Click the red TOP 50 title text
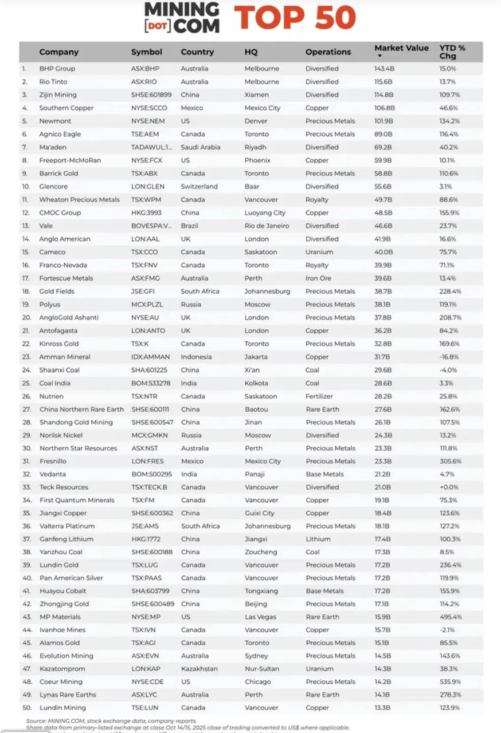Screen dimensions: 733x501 [x=295, y=18]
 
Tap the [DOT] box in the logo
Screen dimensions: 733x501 [x=156, y=26]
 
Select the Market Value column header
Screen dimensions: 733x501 [x=401, y=48]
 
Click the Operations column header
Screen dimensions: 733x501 [x=328, y=52]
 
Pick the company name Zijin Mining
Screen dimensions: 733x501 [x=58, y=94]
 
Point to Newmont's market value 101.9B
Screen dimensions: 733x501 [x=384, y=121]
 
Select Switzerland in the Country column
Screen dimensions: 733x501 [x=199, y=186]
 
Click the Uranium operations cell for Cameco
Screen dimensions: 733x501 [x=319, y=252]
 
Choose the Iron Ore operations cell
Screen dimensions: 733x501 [x=318, y=278]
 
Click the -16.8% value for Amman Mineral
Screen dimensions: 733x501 [x=449, y=357]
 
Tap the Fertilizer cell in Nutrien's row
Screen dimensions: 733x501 [x=320, y=396]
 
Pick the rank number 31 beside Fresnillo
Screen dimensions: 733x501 [x=26, y=461]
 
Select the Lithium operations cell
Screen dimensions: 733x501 [x=318, y=539]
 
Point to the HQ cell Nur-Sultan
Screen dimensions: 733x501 [x=263, y=669]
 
